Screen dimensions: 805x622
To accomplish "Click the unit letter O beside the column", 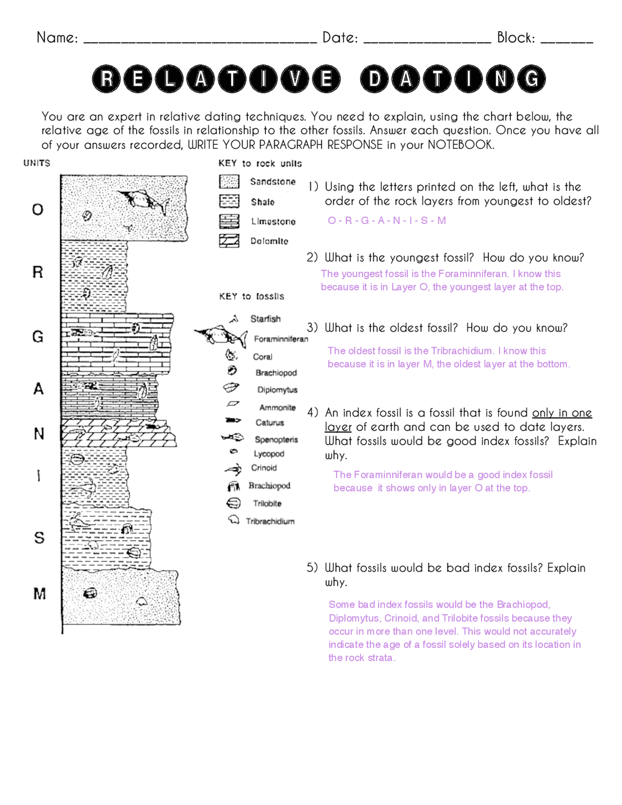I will pos(37,210).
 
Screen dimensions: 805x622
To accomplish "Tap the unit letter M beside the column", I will pos(39,594).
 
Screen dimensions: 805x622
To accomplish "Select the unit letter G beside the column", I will pos(38,336).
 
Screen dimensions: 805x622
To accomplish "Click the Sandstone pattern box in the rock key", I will pos(229,181).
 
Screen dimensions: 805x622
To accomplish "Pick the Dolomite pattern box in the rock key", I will pos(229,241).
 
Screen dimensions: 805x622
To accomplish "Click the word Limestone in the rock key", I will pos(273,222).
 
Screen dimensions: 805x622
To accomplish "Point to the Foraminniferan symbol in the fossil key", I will pos(222,335).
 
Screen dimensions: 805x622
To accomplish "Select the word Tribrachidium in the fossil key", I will pos(270,521).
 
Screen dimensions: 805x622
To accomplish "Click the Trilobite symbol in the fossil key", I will pos(234,503).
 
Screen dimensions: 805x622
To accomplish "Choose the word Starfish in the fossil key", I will pos(265,319).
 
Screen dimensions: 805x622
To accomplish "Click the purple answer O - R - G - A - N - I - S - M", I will pos(387,221).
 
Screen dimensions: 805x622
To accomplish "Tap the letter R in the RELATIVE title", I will pos(107,79).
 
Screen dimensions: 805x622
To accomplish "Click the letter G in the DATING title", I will pos(531,79).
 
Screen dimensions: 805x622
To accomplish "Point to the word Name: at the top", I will pos(57,37).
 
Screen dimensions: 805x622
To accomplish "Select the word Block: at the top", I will pos(516,37).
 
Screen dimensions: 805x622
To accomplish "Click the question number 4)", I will pos(312,413).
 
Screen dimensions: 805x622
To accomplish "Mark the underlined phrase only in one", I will pos(562,413).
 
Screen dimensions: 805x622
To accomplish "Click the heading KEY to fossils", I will pos(251,296).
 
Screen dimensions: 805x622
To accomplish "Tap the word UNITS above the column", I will pos(37,163).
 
